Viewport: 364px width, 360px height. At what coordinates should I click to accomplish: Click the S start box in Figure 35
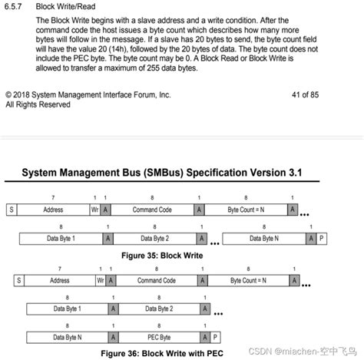point(11,209)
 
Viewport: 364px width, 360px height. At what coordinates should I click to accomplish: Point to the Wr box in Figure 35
point(94,209)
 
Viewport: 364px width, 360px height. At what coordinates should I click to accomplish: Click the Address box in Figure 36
point(59,281)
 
